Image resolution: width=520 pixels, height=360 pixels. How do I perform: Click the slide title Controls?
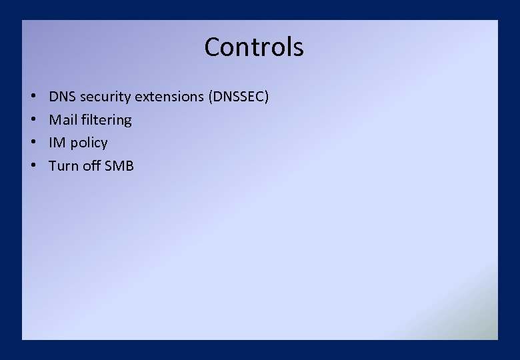click(x=254, y=47)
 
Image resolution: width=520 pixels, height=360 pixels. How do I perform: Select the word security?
click(x=105, y=97)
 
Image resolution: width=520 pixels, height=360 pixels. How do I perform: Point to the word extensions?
click(x=169, y=97)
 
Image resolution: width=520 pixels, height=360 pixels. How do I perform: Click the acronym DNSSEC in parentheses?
click(x=239, y=97)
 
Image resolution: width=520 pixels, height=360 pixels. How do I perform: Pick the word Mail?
click(x=61, y=120)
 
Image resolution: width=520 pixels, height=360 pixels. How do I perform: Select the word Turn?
click(x=64, y=165)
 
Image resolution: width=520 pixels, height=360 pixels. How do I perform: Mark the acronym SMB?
click(x=120, y=165)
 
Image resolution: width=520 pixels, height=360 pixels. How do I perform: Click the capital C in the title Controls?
click(x=213, y=47)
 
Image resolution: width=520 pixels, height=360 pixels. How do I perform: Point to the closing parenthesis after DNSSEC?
click(x=267, y=97)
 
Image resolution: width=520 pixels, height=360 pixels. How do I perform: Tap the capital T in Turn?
click(x=53, y=165)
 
